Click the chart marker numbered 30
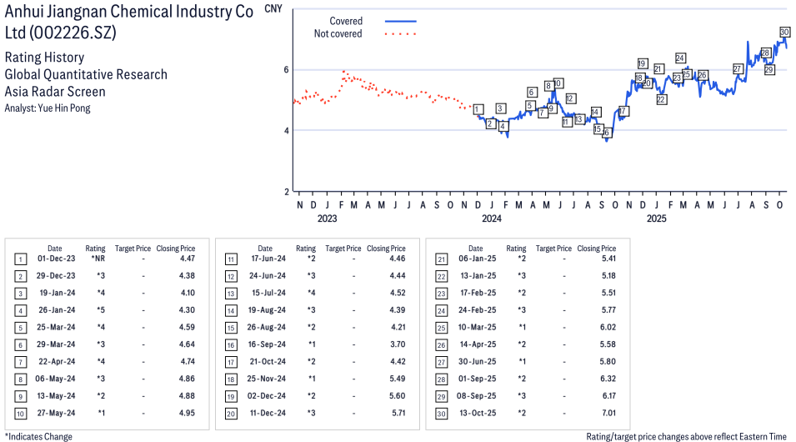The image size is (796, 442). click(x=784, y=32)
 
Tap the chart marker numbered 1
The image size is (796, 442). click(x=476, y=109)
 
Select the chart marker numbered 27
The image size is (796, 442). click(x=738, y=68)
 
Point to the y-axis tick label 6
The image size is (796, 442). click(x=285, y=69)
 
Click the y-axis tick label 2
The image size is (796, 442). click(x=285, y=191)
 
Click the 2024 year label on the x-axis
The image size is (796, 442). click(x=491, y=219)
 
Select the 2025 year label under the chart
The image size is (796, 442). click(x=656, y=219)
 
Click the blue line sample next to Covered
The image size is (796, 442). click(x=400, y=21)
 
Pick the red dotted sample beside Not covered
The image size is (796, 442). click(x=400, y=34)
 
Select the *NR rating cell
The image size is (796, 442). click(x=97, y=259)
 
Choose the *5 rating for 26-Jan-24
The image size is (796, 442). click(x=99, y=310)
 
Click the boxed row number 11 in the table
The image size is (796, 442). click(x=230, y=259)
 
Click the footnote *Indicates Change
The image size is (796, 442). click(x=38, y=436)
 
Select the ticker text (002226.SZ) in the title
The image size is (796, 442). click(x=73, y=33)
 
